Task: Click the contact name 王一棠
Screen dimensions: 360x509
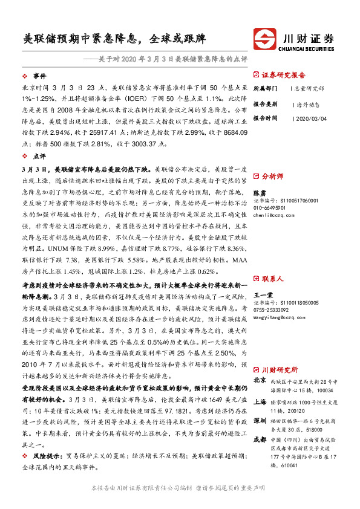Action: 263,294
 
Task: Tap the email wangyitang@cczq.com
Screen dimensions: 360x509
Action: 275,316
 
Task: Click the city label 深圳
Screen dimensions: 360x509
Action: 260,419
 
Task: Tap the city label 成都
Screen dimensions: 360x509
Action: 260,438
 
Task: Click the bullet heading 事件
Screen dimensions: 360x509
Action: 39,76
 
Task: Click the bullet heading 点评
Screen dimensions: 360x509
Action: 39,155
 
